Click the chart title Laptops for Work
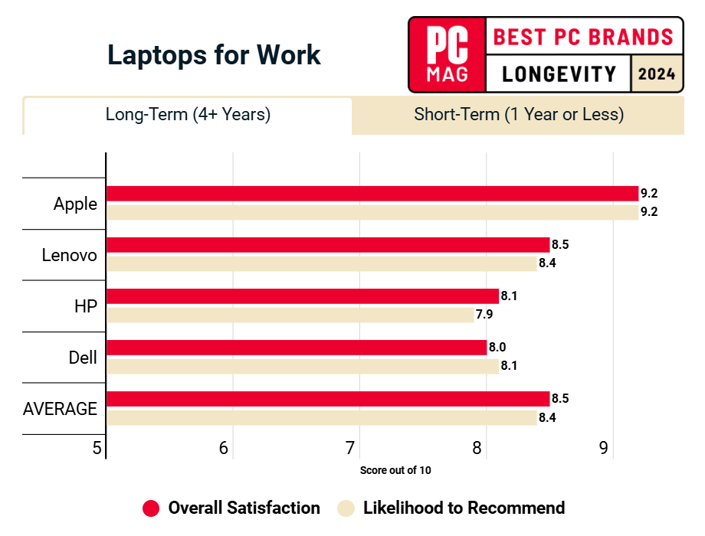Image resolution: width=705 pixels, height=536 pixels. tap(214, 55)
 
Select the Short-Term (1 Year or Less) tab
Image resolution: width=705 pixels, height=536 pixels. tap(519, 115)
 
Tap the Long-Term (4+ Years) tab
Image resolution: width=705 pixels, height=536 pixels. tap(188, 115)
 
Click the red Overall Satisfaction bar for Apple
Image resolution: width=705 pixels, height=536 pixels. tap(372, 193)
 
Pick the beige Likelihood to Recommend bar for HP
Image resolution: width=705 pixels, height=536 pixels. tap(290, 315)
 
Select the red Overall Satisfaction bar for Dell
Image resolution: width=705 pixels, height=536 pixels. tap(296, 348)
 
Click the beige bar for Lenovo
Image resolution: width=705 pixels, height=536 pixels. tap(321, 263)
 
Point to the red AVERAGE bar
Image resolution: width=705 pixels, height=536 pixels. tap(327, 399)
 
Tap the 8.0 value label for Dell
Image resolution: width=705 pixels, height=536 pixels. tap(497, 348)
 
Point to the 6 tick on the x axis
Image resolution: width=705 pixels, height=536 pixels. tap(224, 448)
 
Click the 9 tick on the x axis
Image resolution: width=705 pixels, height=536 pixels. tap(604, 448)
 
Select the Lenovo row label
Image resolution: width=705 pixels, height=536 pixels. tap(70, 255)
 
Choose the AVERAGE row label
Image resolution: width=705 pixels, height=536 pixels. tap(61, 409)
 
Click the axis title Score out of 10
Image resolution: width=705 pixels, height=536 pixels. tap(395, 470)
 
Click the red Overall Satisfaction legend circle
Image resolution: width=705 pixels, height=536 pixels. tap(151, 508)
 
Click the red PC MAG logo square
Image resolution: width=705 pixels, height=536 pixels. tap(448, 54)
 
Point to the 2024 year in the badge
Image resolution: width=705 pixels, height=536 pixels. tap(657, 74)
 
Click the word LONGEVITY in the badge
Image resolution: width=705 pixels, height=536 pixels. tap(559, 74)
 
